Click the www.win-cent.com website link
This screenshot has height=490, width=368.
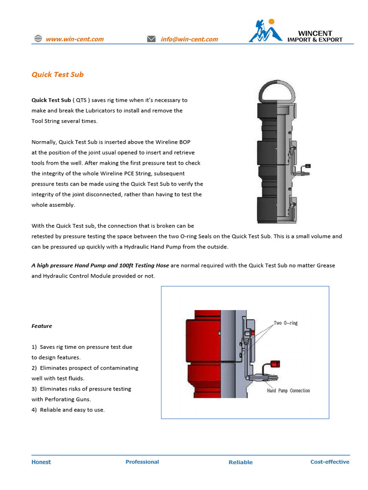tap(74, 39)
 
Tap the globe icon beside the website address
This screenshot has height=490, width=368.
tap(38, 39)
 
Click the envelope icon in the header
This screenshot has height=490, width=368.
tap(151, 39)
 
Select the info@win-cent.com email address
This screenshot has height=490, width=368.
tap(189, 39)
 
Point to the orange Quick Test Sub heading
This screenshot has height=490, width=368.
tap(57, 75)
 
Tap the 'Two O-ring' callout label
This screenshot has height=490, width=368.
tap(286, 323)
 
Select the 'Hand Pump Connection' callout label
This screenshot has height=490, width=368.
tap(288, 390)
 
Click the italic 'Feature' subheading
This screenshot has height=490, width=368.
tap(42, 326)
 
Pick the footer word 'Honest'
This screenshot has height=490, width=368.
tap(41, 462)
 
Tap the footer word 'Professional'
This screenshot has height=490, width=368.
tap(142, 462)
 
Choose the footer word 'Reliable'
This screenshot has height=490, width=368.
tap(241, 462)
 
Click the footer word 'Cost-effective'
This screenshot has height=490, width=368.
tap(330, 462)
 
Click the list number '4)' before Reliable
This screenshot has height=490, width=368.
tap(34, 410)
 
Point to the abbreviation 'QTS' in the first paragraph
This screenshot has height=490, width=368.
tap(81, 100)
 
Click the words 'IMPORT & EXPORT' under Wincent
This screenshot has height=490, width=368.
tap(315, 40)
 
